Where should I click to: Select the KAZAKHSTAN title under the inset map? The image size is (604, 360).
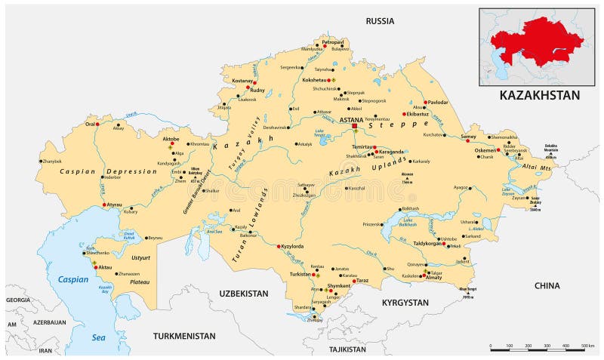pyautogui.click(x=540, y=95)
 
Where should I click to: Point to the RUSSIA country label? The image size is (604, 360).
pyautogui.click(x=380, y=21)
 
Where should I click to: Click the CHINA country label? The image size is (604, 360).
pyautogui.click(x=547, y=285)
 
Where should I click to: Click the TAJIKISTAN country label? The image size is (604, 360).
pyautogui.click(x=346, y=349)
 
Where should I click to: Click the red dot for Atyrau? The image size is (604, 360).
pyautogui.click(x=104, y=205)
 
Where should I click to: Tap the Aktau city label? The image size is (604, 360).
pyautogui.click(x=105, y=267)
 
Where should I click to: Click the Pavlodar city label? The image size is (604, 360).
pyautogui.click(x=437, y=101)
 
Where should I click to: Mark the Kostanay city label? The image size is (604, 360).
pyautogui.click(x=242, y=78)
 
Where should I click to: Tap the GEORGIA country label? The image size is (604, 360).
pyautogui.click(x=17, y=300)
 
